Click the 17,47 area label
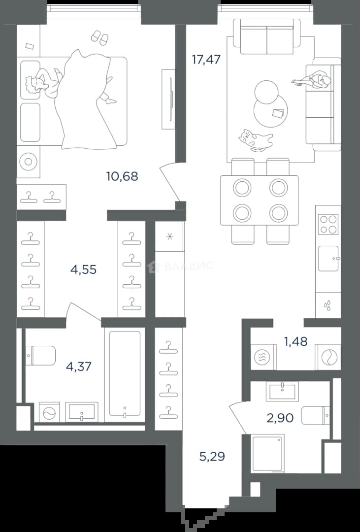pos(206,60)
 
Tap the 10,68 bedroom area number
pos(122,176)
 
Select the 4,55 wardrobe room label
pos(83,270)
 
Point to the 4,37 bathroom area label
pos(79,367)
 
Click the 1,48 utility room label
pos(296,342)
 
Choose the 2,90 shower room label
pos(280,418)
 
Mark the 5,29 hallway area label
pos(212,457)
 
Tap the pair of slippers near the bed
pos(100,37)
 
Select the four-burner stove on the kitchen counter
pos(328,224)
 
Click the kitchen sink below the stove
pos(328,259)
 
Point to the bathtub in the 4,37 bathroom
pos(125,374)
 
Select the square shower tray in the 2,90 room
pos(268,453)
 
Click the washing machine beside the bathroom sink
pos(49,412)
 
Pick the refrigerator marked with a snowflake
pos(169,236)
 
